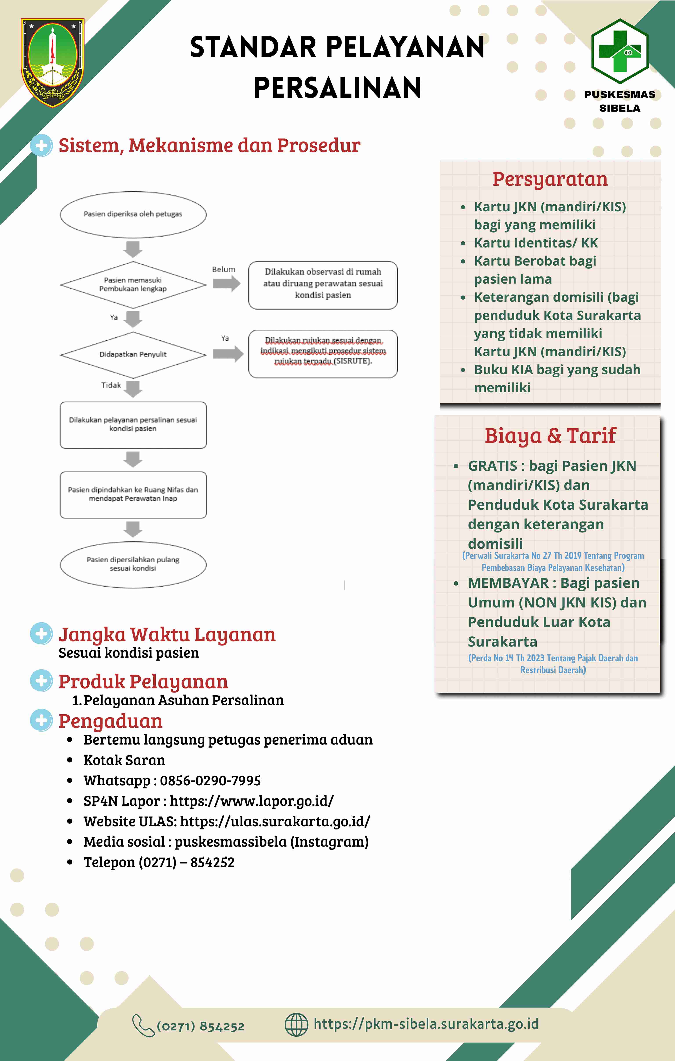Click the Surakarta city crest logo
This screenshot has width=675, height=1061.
(x=52, y=63)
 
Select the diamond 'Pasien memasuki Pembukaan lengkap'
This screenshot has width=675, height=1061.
(x=133, y=285)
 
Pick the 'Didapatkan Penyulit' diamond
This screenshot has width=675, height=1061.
(x=133, y=355)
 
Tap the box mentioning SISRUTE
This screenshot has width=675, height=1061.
(x=323, y=354)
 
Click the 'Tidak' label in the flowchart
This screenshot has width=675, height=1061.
(x=111, y=385)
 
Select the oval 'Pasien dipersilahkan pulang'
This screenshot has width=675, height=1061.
(x=133, y=564)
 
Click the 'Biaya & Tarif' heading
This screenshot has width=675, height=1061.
(x=550, y=435)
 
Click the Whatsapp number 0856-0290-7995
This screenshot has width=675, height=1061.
(x=210, y=780)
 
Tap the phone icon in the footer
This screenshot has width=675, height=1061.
(x=143, y=1025)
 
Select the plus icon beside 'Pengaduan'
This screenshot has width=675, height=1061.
(x=42, y=720)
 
